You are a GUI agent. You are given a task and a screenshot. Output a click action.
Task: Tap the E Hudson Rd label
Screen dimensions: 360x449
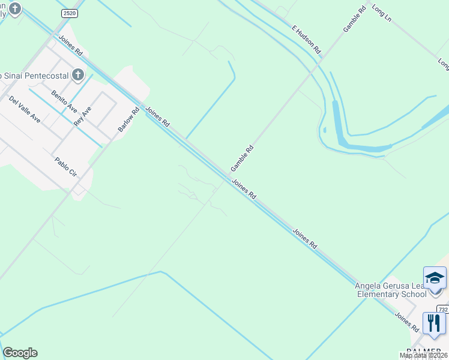(x=307, y=38)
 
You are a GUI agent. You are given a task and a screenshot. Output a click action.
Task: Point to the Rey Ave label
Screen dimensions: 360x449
(x=82, y=116)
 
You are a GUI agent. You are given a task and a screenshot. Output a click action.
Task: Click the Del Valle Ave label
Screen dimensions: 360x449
(x=25, y=109)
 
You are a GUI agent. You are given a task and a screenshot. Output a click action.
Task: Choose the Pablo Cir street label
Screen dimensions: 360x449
(x=66, y=167)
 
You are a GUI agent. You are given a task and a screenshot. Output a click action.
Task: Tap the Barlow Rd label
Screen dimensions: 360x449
(x=128, y=120)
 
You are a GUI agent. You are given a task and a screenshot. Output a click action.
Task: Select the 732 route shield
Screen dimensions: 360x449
(x=443, y=309)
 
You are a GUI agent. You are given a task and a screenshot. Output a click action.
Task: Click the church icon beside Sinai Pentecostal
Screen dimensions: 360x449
(x=77, y=75)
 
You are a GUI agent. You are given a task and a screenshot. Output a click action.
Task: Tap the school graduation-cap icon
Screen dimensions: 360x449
(x=435, y=279)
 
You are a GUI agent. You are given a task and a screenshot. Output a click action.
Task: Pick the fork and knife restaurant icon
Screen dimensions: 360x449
(x=434, y=323)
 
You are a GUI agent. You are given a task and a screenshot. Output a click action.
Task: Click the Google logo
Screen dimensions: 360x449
(x=20, y=353)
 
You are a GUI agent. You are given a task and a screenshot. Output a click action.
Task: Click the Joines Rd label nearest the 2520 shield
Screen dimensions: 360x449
(x=70, y=46)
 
